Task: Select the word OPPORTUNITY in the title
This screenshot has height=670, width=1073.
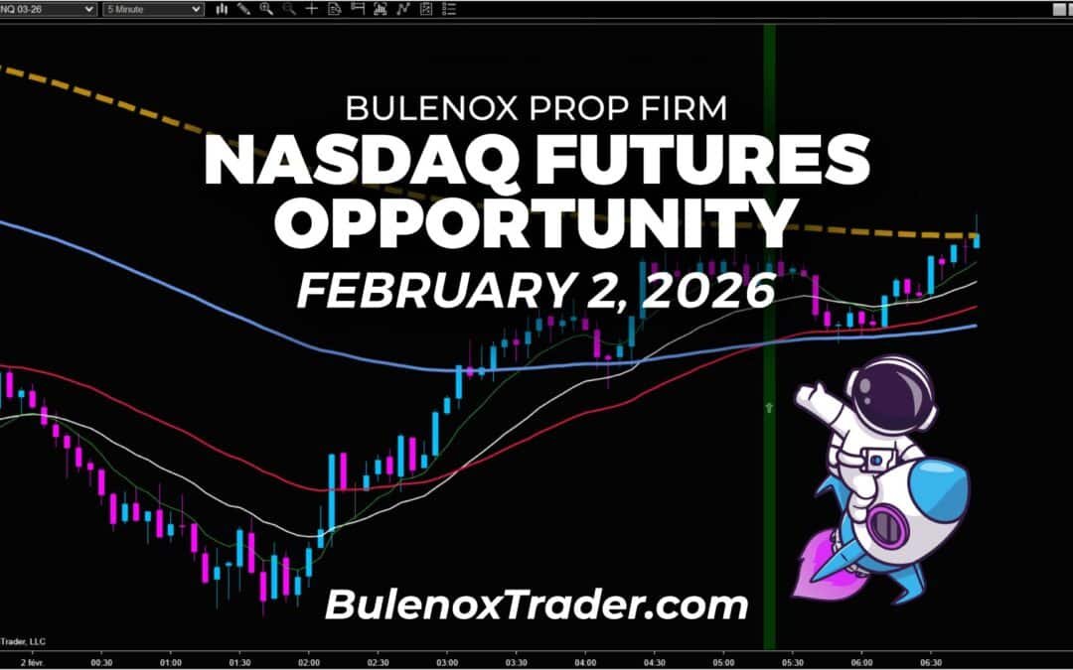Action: (x=536, y=224)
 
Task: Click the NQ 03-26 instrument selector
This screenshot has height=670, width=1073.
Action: (x=50, y=8)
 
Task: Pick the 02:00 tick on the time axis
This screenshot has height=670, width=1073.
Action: (x=308, y=659)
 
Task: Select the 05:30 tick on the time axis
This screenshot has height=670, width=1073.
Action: (x=792, y=659)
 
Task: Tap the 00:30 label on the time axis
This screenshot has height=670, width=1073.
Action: (x=100, y=659)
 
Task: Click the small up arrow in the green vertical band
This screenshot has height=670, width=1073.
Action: (x=768, y=407)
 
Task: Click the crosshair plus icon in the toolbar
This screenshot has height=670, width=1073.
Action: (x=312, y=8)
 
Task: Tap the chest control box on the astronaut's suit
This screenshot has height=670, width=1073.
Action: (x=876, y=460)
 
